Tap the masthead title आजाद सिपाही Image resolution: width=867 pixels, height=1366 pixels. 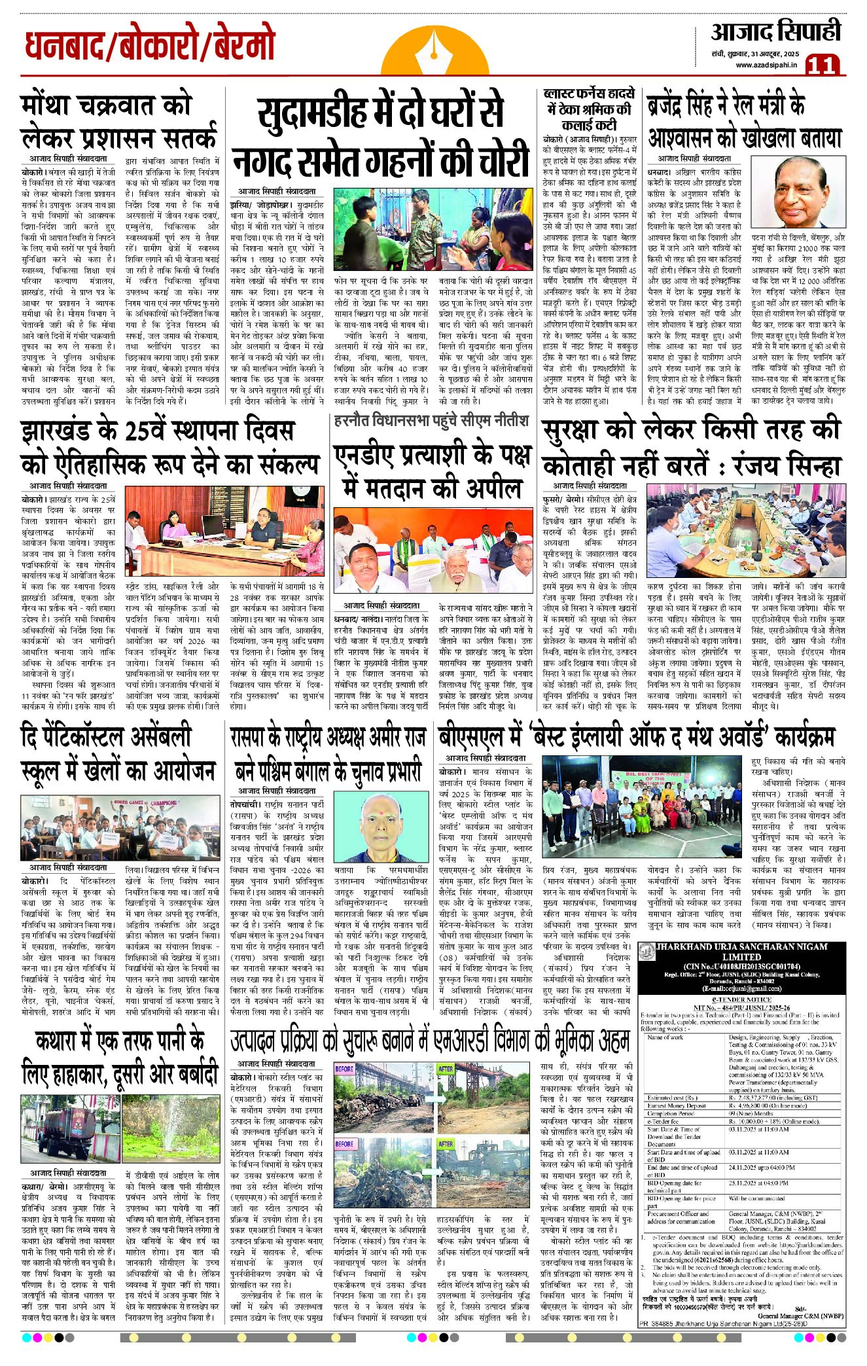coord(776,32)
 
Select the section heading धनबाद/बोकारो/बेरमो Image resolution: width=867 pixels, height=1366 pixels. coord(150,46)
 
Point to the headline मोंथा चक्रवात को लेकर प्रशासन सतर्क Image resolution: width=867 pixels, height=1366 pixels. coord(118,121)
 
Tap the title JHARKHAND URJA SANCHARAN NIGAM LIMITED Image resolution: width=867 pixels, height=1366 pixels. coord(743,951)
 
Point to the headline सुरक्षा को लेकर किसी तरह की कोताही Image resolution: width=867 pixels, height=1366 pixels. coord(690,448)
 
